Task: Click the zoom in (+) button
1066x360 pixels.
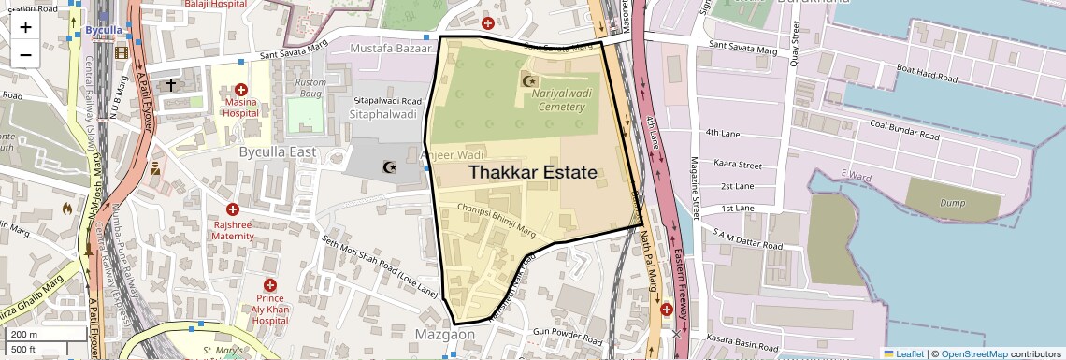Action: tap(25, 27)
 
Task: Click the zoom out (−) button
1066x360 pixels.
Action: tap(25, 54)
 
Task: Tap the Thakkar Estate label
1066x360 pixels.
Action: tap(532, 173)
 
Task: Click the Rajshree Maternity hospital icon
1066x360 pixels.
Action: tap(233, 211)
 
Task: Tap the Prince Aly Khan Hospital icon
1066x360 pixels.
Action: tap(270, 284)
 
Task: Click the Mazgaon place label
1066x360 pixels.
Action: tap(445, 334)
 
